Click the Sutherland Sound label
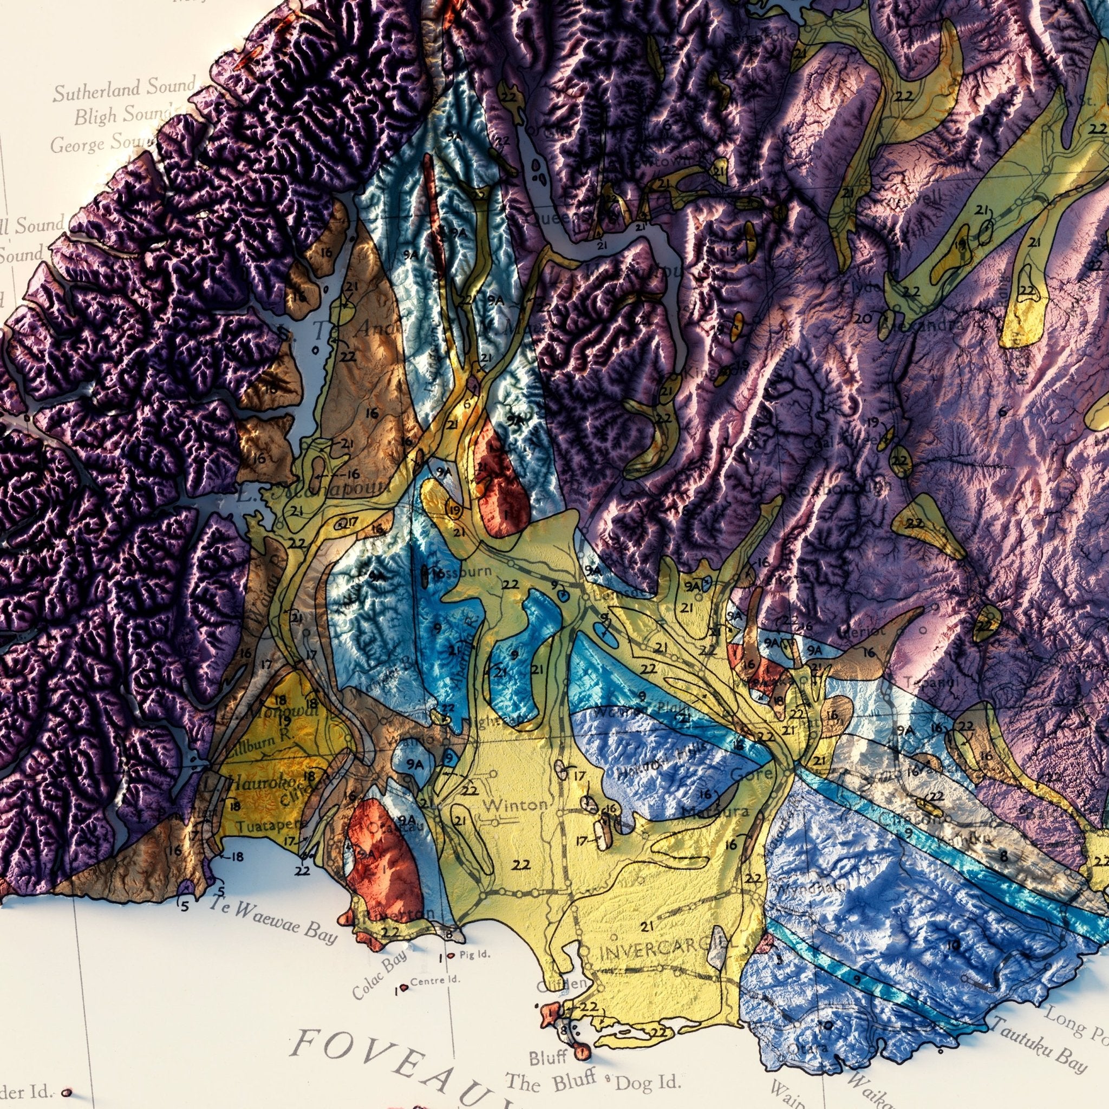click(x=124, y=89)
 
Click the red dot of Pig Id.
click(x=451, y=956)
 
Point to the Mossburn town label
click(x=462, y=572)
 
